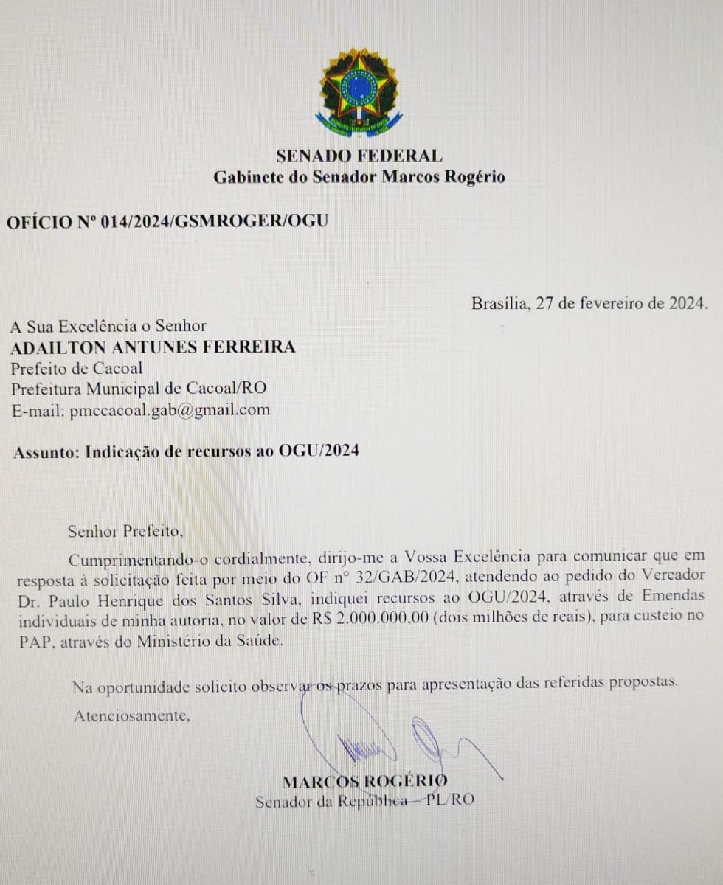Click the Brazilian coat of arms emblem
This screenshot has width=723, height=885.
pos(359,91)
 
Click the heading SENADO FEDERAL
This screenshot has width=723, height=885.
pos(359,156)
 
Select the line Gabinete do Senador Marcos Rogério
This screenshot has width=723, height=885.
pos(359,177)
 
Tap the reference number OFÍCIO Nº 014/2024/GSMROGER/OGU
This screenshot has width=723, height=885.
pos(167,221)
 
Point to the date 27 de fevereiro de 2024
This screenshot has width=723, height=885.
pos(619,303)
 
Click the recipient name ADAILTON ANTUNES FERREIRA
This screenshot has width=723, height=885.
pos(153,347)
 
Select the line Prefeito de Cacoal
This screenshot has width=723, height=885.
pos(77,367)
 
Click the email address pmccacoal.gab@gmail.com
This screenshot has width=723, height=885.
pos(170,409)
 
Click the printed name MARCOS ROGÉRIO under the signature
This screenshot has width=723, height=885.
pos(364,781)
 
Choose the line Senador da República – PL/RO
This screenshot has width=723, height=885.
pos(364,801)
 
